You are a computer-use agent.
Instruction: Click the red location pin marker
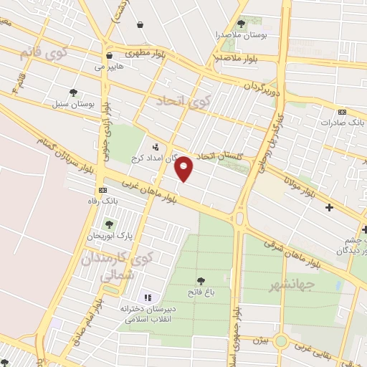(185, 169)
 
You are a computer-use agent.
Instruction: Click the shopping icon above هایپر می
(108, 55)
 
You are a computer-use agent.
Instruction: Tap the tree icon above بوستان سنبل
(73, 92)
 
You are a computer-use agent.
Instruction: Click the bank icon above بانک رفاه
(103, 191)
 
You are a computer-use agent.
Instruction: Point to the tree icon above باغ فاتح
(200, 281)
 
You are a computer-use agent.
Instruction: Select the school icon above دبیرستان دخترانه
(148, 297)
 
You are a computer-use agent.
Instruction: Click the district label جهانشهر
(272, 286)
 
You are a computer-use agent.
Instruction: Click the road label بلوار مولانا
(300, 183)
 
